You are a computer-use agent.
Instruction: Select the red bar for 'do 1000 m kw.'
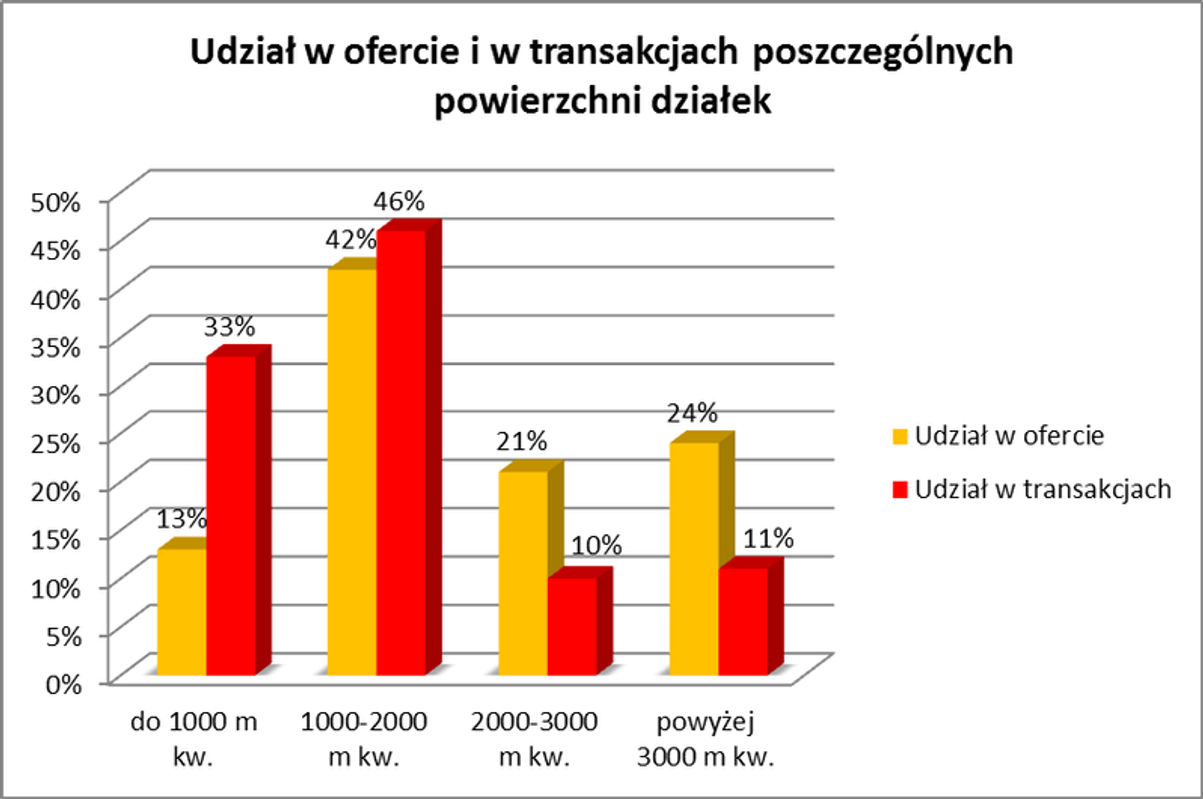(x=231, y=514)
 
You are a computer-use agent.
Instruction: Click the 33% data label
(x=231, y=326)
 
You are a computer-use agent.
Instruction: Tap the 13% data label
(x=181, y=519)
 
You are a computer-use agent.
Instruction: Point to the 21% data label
(x=523, y=440)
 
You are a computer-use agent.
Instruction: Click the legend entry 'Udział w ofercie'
(x=1008, y=436)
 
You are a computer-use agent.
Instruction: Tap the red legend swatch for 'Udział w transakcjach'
(x=900, y=489)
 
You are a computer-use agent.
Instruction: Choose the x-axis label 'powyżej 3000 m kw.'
(x=708, y=738)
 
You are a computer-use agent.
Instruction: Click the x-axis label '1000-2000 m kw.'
(x=364, y=738)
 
